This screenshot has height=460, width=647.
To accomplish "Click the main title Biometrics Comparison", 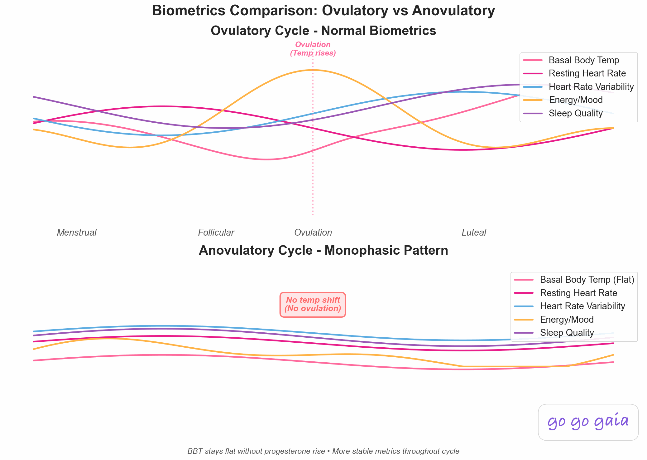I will [x=323, y=11].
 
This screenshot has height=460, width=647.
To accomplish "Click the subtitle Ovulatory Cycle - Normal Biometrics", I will [x=323, y=31].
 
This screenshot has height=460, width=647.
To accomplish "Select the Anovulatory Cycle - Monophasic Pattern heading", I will [x=323, y=251].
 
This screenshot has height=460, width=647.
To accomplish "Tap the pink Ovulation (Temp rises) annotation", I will [x=313, y=49].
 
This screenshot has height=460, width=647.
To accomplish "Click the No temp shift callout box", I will [x=313, y=305].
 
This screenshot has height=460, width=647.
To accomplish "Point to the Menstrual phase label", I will [x=77, y=232].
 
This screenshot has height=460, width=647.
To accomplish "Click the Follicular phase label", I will [x=216, y=232].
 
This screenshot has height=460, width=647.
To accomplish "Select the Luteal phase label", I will [x=474, y=232].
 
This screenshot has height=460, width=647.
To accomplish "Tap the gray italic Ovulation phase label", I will [x=313, y=232].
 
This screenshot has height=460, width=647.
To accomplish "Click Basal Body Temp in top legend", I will [x=583, y=60].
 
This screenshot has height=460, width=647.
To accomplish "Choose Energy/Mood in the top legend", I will [x=575, y=100].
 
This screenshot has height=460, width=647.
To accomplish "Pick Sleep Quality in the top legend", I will [x=575, y=113].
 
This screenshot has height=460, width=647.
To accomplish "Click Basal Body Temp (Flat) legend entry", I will [x=587, y=280].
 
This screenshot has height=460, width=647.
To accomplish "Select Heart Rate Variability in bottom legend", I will [x=582, y=306].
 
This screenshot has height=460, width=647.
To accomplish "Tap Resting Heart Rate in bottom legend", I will [x=578, y=293].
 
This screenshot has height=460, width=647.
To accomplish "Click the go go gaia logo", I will [x=588, y=422].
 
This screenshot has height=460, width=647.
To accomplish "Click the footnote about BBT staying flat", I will [x=323, y=451].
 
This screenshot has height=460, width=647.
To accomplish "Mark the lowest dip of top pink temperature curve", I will [x=267, y=159].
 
